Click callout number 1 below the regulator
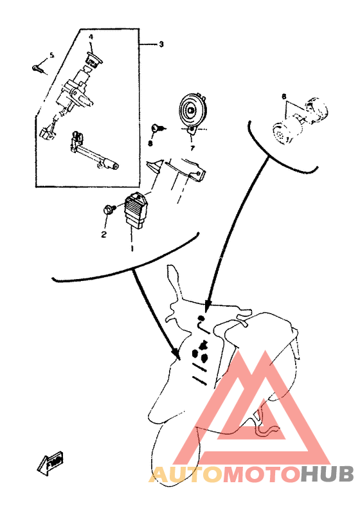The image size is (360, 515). (x=132, y=247)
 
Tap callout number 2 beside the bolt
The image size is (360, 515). (x=103, y=235)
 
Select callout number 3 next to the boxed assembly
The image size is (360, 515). (x=161, y=44)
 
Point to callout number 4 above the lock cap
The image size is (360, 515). (x=91, y=37)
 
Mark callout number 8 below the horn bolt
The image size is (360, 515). (x=150, y=143)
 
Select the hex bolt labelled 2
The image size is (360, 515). (x=109, y=209)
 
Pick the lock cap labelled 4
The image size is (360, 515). (x=93, y=60)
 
